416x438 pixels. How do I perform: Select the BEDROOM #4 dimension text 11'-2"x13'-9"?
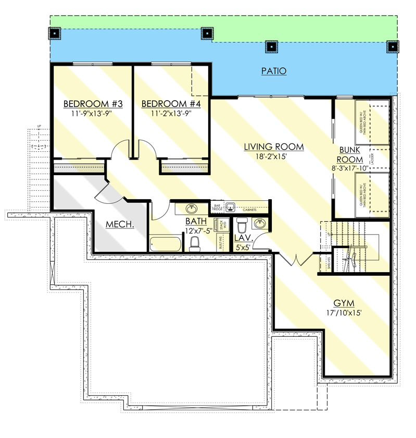[x=171, y=113]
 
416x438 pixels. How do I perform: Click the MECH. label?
[x=120, y=224]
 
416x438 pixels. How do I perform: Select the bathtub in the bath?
[x=165, y=244]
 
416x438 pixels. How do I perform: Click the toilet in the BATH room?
[x=195, y=243]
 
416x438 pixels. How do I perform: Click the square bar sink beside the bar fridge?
[x=231, y=206]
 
